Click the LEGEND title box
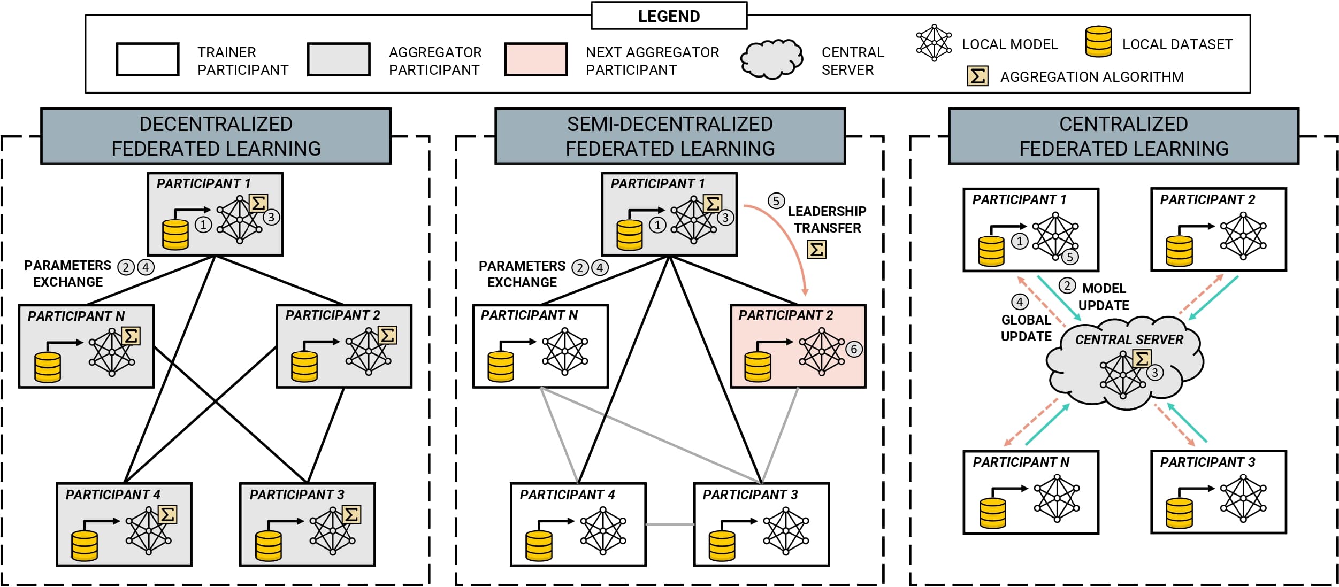pyautogui.click(x=669, y=16)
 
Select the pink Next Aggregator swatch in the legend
pyautogui.click(x=535, y=59)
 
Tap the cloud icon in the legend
pyautogui.click(x=771, y=59)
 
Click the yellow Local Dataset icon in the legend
pyautogui.click(x=1098, y=42)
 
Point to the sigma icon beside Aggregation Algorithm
pyautogui.click(x=977, y=76)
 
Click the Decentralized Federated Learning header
pyautogui.click(x=216, y=136)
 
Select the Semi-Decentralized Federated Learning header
pyautogui.click(x=670, y=136)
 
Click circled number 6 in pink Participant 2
pyautogui.click(x=854, y=349)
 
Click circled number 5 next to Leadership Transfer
pyautogui.click(x=776, y=201)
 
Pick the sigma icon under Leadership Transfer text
pyautogui.click(x=816, y=249)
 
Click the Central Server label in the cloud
pyautogui.click(x=1129, y=340)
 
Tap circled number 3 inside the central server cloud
pyautogui.click(x=1155, y=373)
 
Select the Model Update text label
pyautogui.click(x=1104, y=297)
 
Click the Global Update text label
pyautogui.click(x=1026, y=328)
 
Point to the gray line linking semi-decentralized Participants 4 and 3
pyautogui.click(x=670, y=524)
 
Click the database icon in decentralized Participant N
pyautogui.click(x=48, y=367)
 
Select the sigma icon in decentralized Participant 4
pyautogui.click(x=167, y=515)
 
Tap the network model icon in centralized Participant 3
pyautogui.click(x=1243, y=498)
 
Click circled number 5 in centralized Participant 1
pyautogui.click(x=1069, y=257)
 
